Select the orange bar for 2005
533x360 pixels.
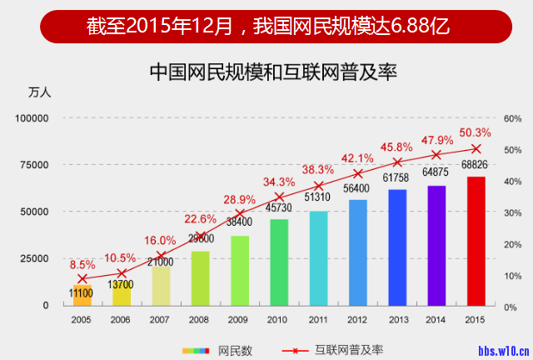point(82,295)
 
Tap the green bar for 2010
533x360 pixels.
point(279,262)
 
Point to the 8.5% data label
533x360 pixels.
point(82,264)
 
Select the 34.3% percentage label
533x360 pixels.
point(279,182)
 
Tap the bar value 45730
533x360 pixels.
point(279,207)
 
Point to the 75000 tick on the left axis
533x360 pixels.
point(32,165)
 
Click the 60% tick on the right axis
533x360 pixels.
point(511,118)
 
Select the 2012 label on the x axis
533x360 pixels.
point(357,319)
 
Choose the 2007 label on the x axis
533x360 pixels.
point(161,319)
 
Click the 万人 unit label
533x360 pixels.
point(39,92)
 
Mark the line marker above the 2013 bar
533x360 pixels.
point(397,162)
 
